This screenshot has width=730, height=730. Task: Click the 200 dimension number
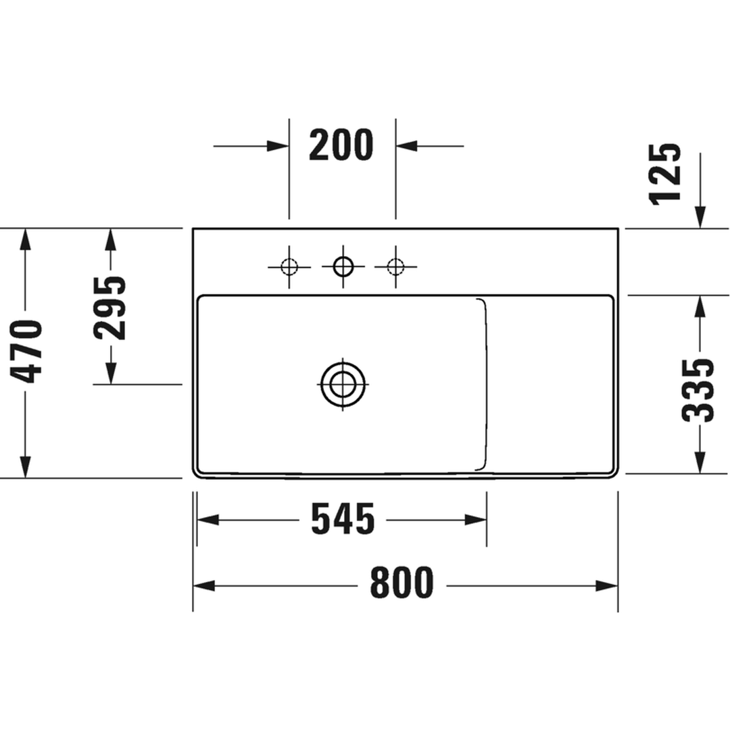tap(341, 145)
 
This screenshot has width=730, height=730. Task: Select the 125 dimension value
tap(665, 174)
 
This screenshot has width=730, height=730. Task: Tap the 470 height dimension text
tap(26, 351)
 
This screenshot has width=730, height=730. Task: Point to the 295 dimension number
tap(109, 308)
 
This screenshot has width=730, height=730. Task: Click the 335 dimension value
tap(698, 390)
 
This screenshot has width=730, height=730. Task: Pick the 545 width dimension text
tap(343, 518)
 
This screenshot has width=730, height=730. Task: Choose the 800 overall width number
tap(401, 583)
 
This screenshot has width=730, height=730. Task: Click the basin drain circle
tap(343, 385)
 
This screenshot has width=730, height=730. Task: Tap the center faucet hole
tap(343, 267)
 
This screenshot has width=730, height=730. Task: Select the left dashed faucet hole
tap(289, 267)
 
